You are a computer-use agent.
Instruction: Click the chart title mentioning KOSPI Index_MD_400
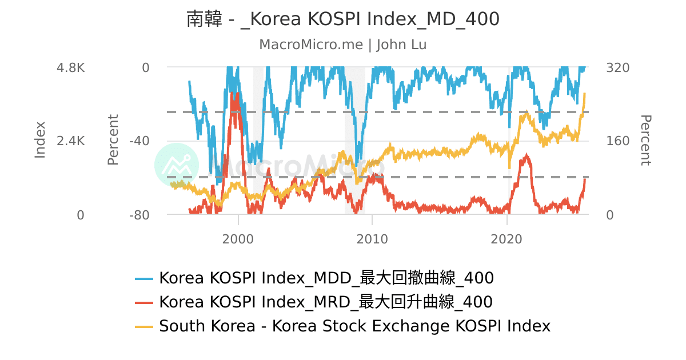(x=343, y=19)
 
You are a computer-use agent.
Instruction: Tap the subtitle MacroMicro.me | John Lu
(x=343, y=45)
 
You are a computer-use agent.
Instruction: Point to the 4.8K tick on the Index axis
(x=70, y=67)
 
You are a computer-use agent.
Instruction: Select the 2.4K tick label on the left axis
(x=70, y=141)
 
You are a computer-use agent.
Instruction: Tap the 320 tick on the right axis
(x=617, y=67)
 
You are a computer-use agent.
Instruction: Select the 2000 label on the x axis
(x=238, y=239)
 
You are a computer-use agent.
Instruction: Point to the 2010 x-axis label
(x=372, y=239)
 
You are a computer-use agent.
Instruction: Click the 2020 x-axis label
(x=507, y=239)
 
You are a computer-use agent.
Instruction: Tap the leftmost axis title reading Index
(x=40, y=140)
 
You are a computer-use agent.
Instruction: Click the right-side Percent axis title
(x=645, y=140)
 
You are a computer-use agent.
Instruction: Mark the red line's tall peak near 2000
(x=233, y=94)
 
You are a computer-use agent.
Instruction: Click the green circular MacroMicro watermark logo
(x=177, y=166)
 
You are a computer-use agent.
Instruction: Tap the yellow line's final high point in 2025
(x=585, y=94)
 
